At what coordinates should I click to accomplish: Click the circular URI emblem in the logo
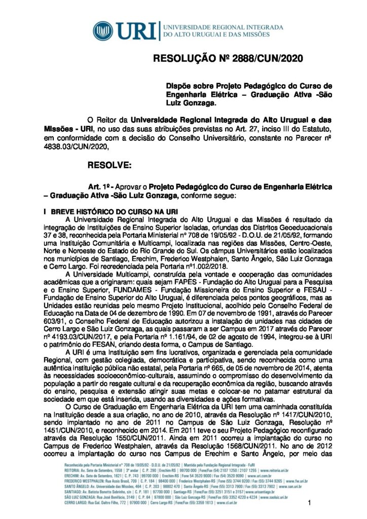(104, 30)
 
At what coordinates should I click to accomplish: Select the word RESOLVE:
(109, 165)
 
